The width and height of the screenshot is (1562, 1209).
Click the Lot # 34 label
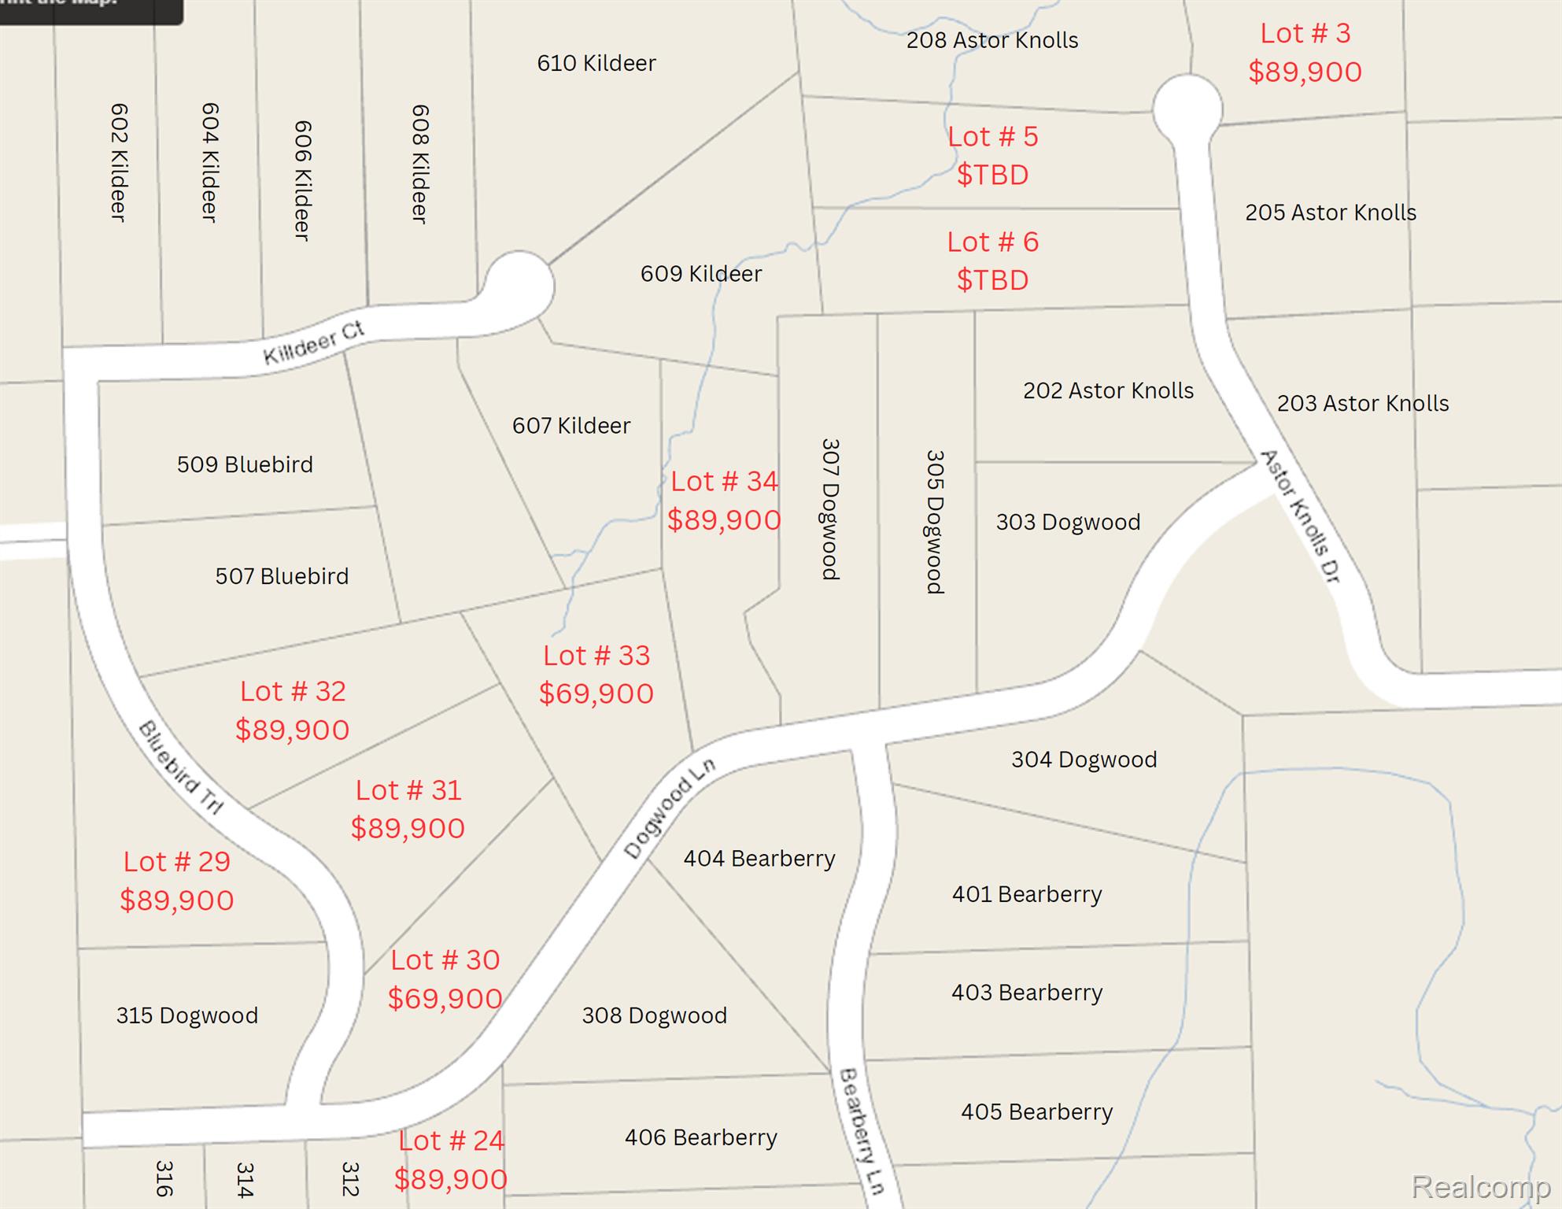(x=724, y=481)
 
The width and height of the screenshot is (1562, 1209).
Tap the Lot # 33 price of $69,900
(x=596, y=693)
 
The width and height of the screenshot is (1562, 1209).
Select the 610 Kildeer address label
(x=596, y=63)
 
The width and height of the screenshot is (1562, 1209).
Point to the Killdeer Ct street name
(x=314, y=343)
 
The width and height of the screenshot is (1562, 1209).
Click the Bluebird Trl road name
(x=181, y=767)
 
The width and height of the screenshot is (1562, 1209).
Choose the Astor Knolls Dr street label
(x=1300, y=516)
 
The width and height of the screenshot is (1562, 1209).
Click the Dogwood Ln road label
(x=670, y=808)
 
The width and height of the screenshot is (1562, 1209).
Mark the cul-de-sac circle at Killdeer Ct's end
(x=519, y=283)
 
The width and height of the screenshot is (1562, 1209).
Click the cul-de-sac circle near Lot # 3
(x=1187, y=109)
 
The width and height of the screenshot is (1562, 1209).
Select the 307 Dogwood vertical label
(x=830, y=509)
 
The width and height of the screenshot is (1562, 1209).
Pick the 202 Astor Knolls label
(x=1108, y=390)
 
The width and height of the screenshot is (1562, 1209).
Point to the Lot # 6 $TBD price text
(x=992, y=280)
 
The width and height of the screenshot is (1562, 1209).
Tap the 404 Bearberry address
(x=759, y=858)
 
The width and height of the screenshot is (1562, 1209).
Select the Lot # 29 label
(x=177, y=862)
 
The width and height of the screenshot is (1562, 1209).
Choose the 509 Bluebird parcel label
(x=245, y=464)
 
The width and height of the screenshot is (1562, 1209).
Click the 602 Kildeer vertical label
(x=118, y=162)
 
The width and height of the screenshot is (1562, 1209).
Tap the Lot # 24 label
(x=451, y=1141)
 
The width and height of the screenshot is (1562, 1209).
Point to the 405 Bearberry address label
(x=1036, y=1111)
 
